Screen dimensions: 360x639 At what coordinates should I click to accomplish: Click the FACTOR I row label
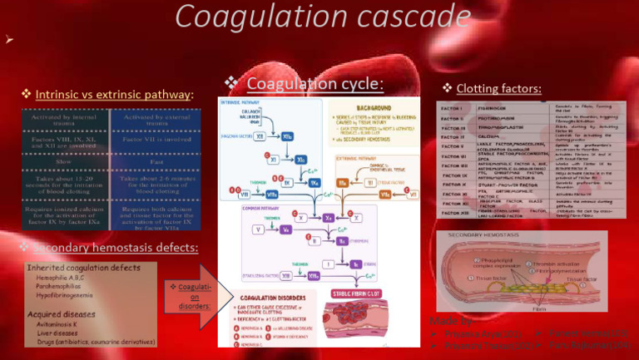click(453, 108)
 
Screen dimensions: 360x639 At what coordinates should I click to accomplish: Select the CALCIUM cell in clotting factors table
click(490, 136)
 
